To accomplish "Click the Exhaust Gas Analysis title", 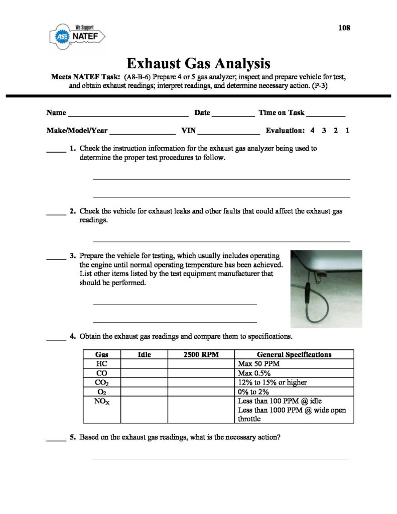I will (x=198, y=64).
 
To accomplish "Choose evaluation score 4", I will (x=312, y=131).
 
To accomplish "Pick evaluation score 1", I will (x=347, y=131).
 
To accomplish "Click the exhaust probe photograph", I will (x=326, y=288).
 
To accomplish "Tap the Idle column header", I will (x=144, y=354).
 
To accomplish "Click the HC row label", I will (x=102, y=363).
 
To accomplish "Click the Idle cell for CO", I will (x=144, y=373).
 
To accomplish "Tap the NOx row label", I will (x=102, y=401).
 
